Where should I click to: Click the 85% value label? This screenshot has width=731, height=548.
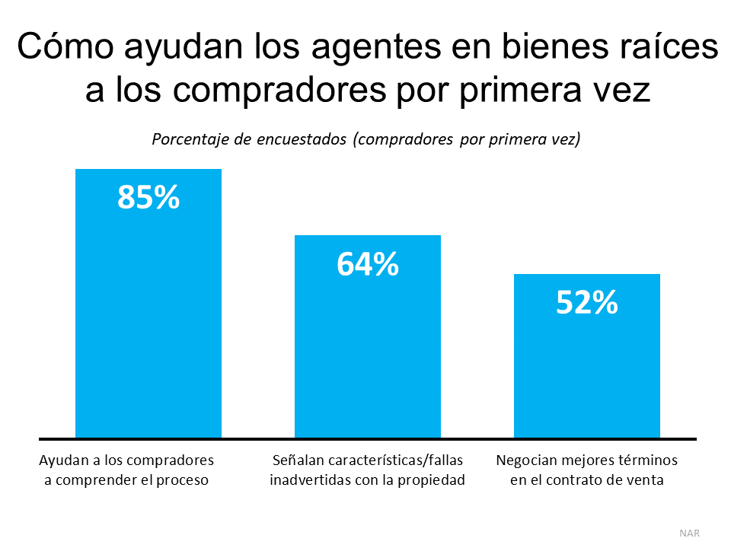coord(148,197)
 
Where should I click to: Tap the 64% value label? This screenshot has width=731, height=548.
coord(368,264)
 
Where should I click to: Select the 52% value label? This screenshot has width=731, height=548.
coord(586,303)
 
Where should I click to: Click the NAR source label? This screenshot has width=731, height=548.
coord(689,533)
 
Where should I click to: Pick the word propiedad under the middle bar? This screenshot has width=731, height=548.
coord(429,480)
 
